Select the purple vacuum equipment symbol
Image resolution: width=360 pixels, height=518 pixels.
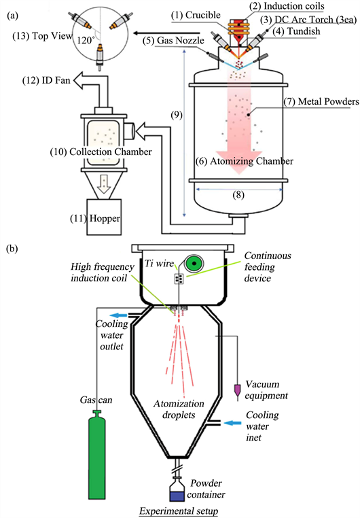(x=236, y=392)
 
